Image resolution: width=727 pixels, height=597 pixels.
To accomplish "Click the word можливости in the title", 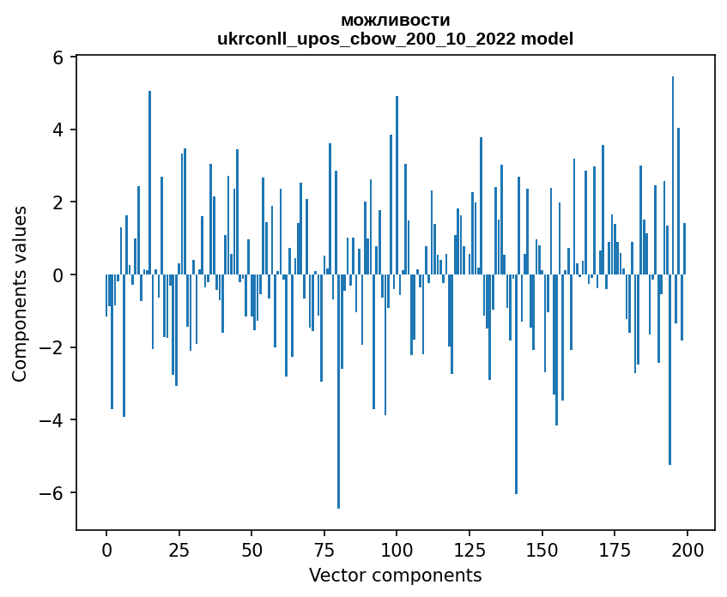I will tap(395, 20).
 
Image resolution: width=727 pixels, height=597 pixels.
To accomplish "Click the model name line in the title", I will tap(395, 39).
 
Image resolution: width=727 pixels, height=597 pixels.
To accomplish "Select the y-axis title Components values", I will tap(20, 293).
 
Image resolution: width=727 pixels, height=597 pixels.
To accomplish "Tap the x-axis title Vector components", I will tap(395, 575).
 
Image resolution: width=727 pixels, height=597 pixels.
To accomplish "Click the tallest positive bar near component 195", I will tap(673, 172).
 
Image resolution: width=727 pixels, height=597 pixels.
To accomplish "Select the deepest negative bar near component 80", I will tap(339, 395).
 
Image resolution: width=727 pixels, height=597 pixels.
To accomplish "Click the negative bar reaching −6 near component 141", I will tap(516, 386).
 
